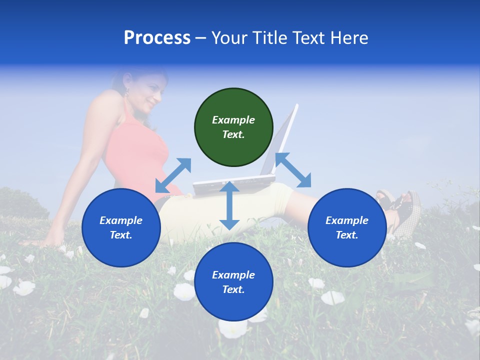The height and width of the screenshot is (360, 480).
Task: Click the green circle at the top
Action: [x=233, y=127]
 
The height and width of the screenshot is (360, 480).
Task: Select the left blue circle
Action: [x=121, y=227]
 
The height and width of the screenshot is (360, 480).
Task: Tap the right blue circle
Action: [x=347, y=227]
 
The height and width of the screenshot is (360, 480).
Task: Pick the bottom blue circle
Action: [x=233, y=282]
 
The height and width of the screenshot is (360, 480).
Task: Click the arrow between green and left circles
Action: [x=173, y=175]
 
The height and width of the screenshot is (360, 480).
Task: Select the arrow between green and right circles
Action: [x=293, y=170]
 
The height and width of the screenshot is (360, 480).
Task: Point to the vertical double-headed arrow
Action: [x=229, y=205]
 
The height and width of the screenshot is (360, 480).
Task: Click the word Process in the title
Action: [x=157, y=38]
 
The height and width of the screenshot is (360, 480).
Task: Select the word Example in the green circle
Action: [x=233, y=120]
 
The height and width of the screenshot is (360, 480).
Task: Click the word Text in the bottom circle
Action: [x=232, y=289]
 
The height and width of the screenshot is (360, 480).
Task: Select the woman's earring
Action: [x=126, y=91]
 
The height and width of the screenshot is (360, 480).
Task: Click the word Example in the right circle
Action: [x=347, y=220]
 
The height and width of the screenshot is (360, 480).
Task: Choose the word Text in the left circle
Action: [x=120, y=235]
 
